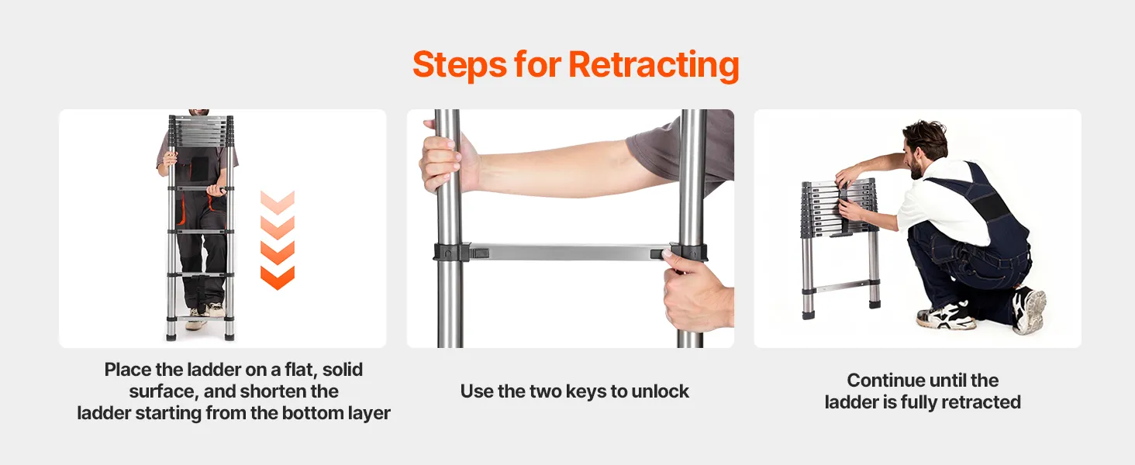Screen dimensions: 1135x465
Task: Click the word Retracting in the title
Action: pyautogui.click(x=654, y=65)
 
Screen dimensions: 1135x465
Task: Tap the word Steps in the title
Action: pyautogui.click(x=460, y=65)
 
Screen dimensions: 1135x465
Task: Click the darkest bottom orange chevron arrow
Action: pyautogui.click(x=278, y=278)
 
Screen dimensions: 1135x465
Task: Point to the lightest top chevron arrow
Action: pyautogui.click(x=278, y=202)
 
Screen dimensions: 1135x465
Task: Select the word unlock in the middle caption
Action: pyautogui.click(x=661, y=391)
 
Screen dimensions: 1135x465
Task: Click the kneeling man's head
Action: pyautogui.click(x=923, y=148)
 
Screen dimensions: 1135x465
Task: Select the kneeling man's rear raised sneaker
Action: pyautogui.click(x=1029, y=310)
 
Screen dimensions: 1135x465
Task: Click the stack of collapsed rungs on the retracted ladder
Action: pyautogui.click(x=839, y=208)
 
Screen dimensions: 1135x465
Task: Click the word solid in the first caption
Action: pyautogui.click(x=343, y=370)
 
